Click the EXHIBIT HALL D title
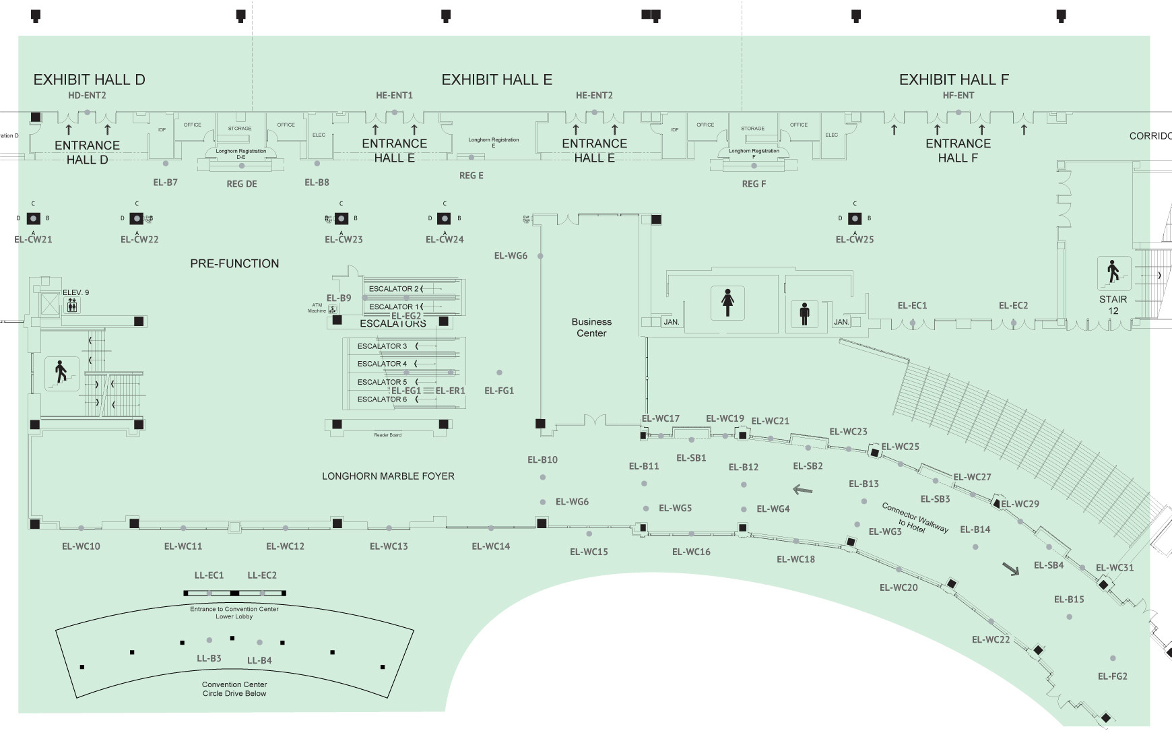tap(89, 79)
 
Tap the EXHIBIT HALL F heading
tap(954, 79)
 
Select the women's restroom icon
tap(727, 302)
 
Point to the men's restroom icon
tap(804, 313)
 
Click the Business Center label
tap(591, 327)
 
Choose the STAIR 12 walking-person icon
tap(1113, 273)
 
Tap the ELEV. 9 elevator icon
tap(73, 307)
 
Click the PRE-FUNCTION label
tap(234, 263)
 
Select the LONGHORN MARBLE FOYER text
tap(388, 476)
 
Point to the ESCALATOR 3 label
tap(382, 346)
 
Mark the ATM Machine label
tap(317, 308)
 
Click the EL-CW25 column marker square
tap(855, 218)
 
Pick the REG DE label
tap(242, 184)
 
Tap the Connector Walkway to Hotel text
tap(914, 518)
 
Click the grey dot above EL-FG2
tap(1113, 658)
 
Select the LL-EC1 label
tap(209, 575)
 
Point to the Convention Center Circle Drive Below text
tap(234, 688)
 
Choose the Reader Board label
tap(387, 435)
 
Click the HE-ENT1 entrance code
tap(394, 96)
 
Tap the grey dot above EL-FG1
tap(499, 373)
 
